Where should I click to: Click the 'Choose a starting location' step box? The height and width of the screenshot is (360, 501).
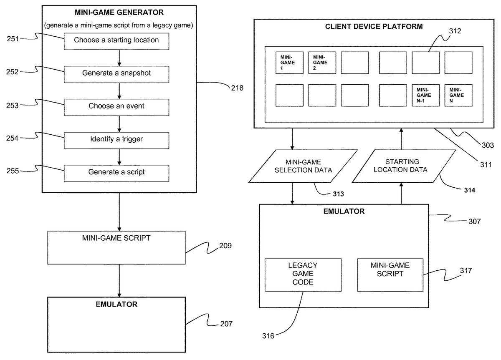click(116, 40)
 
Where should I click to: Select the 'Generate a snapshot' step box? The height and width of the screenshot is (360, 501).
click(116, 73)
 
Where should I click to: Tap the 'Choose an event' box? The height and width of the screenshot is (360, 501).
click(116, 106)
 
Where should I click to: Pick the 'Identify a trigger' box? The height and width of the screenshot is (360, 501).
click(116, 139)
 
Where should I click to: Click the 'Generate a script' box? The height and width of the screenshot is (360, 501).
click(116, 172)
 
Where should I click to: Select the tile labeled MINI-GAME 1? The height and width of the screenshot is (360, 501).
click(289, 63)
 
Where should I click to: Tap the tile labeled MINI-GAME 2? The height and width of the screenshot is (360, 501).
click(322, 63)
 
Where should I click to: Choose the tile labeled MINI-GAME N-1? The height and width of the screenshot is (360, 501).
click(425, 95)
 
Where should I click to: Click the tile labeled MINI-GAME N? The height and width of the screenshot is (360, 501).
click(458, 95)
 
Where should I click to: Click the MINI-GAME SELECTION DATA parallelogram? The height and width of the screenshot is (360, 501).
click(304, 166)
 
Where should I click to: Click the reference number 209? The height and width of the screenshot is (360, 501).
click(225, 246)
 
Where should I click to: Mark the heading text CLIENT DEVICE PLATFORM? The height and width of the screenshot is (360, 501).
click(374, 27)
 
